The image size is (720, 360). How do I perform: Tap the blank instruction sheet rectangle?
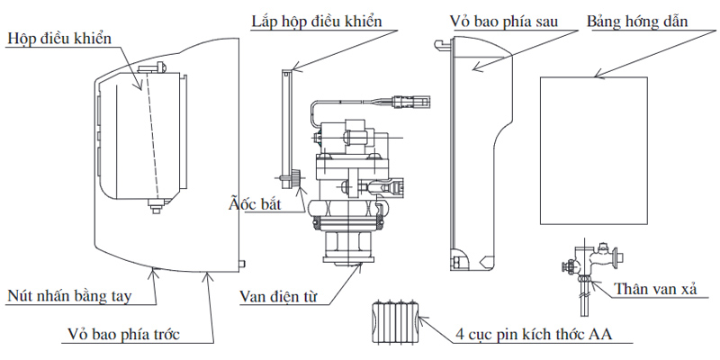[x=594, y=152]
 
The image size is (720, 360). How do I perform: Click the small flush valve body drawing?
[x=587, y=263]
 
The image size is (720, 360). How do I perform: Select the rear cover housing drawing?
[x=476, y=153]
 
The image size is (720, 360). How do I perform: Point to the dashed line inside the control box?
[x=150, y=136]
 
